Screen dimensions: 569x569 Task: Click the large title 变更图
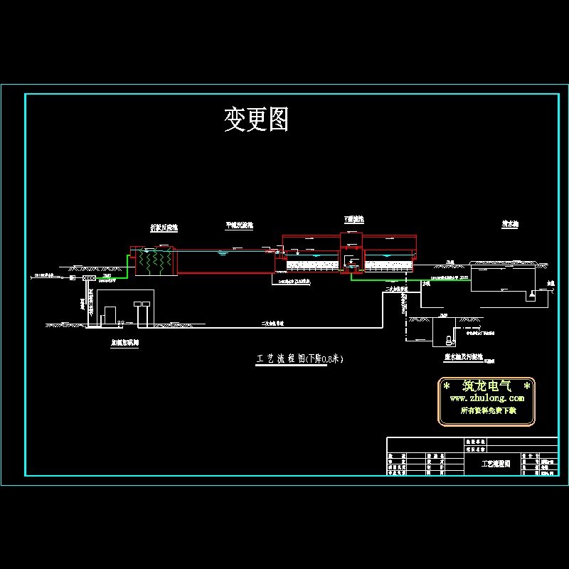256,119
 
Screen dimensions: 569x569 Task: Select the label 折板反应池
164,228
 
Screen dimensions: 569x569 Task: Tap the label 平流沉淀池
239,225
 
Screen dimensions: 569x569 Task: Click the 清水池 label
509,223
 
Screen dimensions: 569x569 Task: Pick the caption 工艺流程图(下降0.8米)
299,359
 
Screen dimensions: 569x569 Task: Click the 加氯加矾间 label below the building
124,342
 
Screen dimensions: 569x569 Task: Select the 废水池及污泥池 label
464,357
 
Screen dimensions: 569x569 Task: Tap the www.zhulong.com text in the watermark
486,398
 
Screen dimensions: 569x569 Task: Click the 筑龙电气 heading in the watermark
486,386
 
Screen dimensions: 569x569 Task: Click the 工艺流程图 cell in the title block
496,464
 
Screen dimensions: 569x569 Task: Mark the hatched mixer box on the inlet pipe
89,278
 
